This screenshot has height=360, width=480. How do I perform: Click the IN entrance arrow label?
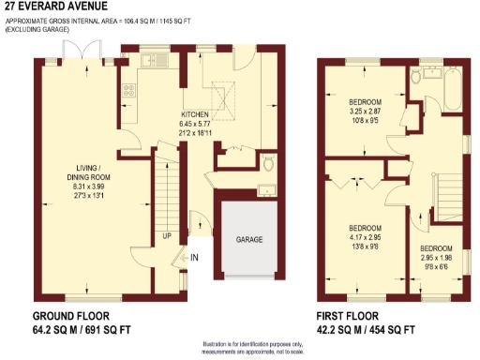tap(195, 256)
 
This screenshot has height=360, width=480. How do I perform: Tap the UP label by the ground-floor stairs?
tap(166, 235)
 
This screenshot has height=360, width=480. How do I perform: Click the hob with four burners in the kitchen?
tap(127, 93)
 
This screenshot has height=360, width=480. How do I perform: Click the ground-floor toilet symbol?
tap(269, 163)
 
